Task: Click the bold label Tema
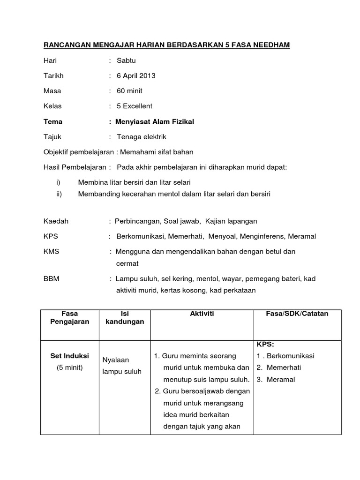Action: click(x=53, y=121)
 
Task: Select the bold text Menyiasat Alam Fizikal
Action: click(x=155, y=121)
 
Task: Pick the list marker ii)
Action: click(x=59, y=193)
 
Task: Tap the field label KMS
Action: click(x=51, y=251)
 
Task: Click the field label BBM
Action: click(x=52, y=278)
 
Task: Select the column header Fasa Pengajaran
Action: click(x=69, y=317)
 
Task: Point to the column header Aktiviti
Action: click(x=202, y=314)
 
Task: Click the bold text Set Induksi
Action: click(x=69, y=356)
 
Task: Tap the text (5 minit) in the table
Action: click(x=69, y=367)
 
